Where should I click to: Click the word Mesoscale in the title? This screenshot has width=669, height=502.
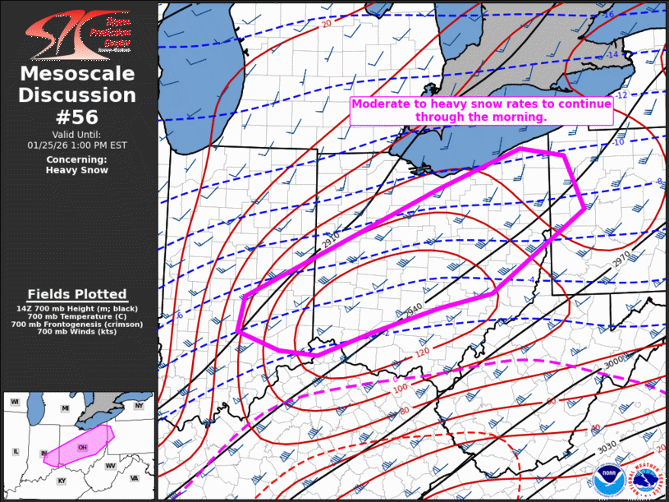click(78, 75)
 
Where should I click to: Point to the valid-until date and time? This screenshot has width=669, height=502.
click(78, 145)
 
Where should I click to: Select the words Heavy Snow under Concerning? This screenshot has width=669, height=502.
click(78, 170)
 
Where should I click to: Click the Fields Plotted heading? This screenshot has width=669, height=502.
click(77, 294)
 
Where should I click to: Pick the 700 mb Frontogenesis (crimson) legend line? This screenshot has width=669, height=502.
click(77, 325)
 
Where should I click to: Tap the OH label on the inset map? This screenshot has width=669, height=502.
click(82, 447)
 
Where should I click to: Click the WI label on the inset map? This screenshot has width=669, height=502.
click(15, 401)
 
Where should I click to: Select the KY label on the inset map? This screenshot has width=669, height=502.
click(61, 481)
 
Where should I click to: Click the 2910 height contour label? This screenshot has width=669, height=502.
click(331, 242)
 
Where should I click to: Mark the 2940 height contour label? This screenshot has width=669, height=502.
click(415, 311)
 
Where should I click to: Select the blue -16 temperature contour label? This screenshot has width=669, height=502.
click(608, 15)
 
